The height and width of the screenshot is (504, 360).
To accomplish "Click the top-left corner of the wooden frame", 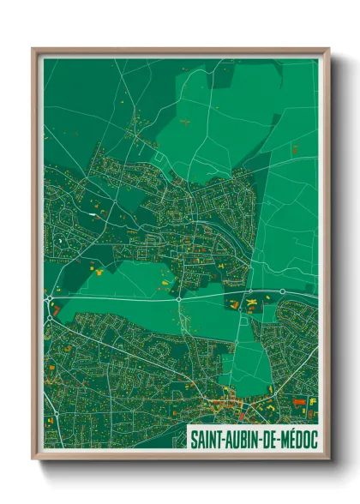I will (x=33, y=50).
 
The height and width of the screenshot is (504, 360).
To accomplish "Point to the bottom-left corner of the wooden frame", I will (x=33, y=459).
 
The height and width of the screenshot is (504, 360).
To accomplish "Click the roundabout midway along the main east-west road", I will (x=178, y=299).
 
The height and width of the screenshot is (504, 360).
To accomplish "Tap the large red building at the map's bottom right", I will (x=298, y=399).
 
